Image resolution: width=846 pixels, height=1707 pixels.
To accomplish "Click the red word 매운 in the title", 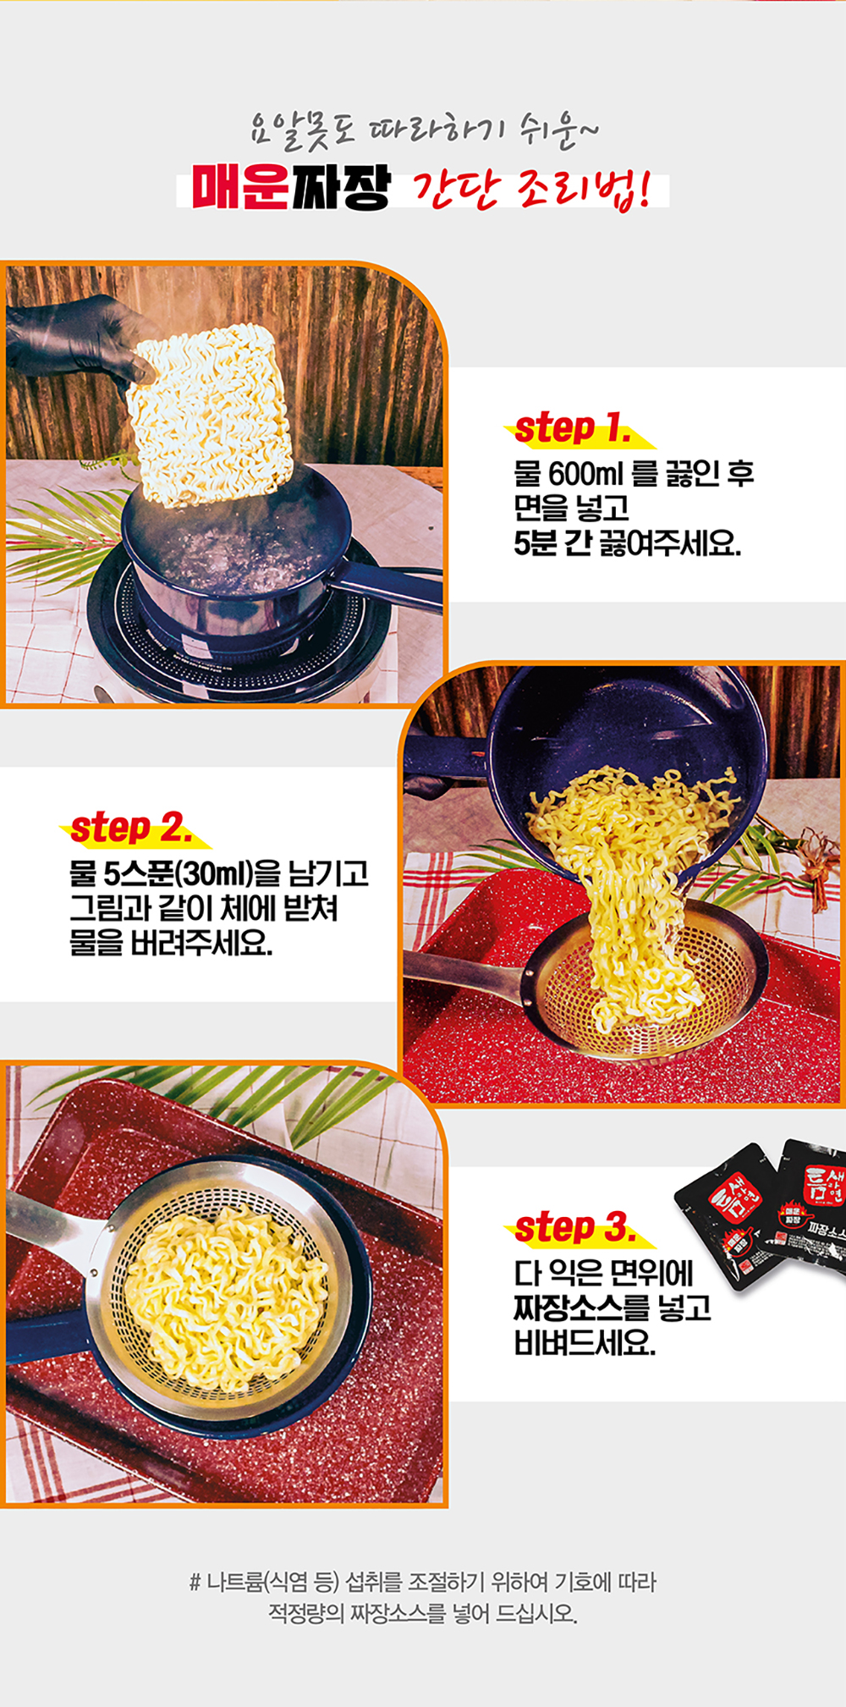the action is (241, 187).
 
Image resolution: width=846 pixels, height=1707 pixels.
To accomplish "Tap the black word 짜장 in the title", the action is (341, 187).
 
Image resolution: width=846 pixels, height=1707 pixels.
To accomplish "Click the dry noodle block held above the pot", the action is (211, 416).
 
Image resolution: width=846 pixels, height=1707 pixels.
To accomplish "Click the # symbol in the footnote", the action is (194, 1582).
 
